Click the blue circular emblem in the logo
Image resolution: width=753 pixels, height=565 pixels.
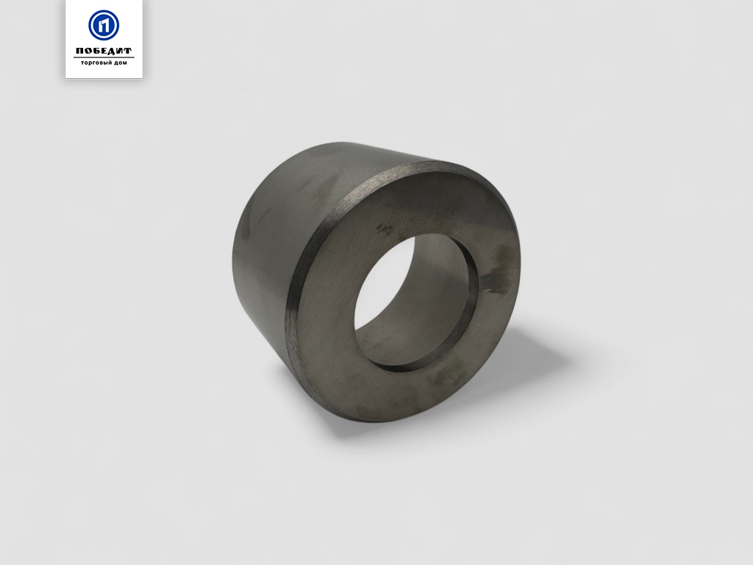[x=104, y=25]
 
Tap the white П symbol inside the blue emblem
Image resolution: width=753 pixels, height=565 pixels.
[x=104, y=25]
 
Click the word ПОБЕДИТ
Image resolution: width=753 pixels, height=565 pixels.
[x=104, y=51]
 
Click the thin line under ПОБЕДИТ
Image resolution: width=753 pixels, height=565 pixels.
[x=104, y=57]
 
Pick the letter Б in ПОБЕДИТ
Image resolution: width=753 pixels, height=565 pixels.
[x=95, y=51]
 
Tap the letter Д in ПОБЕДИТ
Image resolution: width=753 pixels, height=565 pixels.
[x=111, y=51]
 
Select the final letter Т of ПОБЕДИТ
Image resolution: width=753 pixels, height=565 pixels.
[x=128, y=51]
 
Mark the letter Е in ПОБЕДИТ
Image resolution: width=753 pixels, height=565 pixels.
[x=102, y=51]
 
